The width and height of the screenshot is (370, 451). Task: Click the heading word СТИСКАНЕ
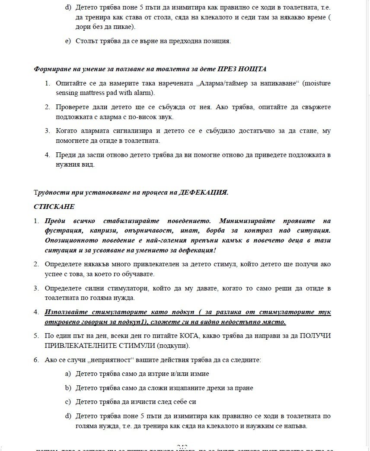pos(54,207)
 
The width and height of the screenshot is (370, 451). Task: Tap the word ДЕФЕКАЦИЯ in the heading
pos(203,192)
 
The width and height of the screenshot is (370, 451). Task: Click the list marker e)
pos(67,41)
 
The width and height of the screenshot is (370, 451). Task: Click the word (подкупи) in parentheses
pos(174,346)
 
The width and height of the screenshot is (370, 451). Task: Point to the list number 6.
pos(37,360)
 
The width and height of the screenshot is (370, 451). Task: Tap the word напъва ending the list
pos(294,426)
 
